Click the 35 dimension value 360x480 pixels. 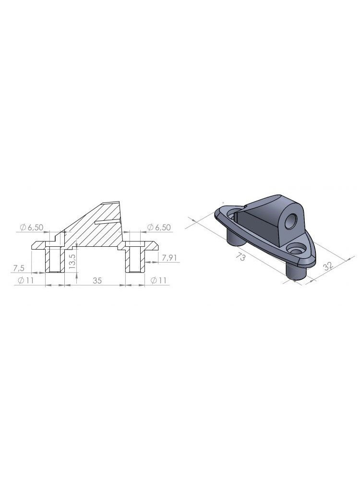point(97,281)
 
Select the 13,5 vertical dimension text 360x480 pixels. point(72,262)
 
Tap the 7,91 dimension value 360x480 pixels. point(170,258)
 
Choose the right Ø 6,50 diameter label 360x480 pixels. point(159,228)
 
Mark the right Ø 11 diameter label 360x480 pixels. point(158,281)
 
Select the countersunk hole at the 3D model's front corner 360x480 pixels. point(298,250)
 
